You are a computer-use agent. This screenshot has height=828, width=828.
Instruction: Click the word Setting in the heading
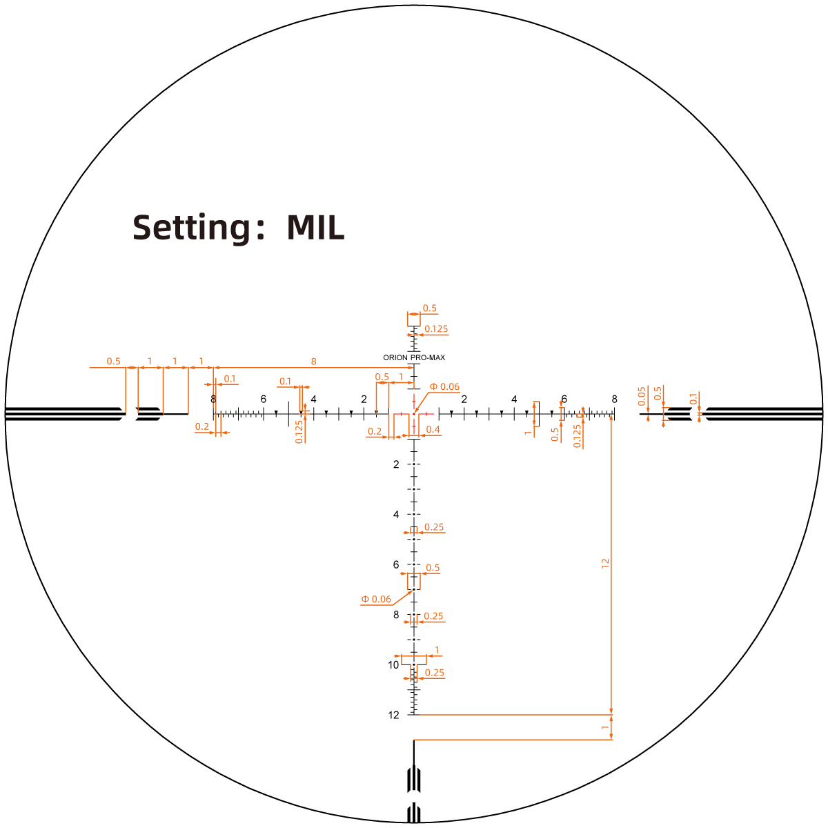pyautogui.click(x=191, y=227)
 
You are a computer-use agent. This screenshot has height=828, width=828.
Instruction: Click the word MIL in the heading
pyautogui.click(x=316, y=227)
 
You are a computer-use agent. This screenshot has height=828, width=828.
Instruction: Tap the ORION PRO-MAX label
pyautogui.click(x=414, y=357)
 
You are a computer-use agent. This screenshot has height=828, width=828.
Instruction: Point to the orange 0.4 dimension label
pyautogui.click(x=433, y=429)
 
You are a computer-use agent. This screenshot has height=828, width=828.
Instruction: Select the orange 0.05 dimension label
pyautogui.click(x=642, y=396)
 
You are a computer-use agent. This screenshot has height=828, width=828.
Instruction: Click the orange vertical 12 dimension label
pyautogui.click(x=605, y=563)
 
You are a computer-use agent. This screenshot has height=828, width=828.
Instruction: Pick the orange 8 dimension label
pyautogui.click(x=314, y=362)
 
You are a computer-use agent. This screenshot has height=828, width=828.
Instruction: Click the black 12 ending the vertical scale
pyautogui.click(x=393, y=715)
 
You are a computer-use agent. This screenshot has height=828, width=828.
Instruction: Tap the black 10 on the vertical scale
pyautogui.click(x=393, y=664)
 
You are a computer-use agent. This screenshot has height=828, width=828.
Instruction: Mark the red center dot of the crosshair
pyautogui.click(x=414, y=414)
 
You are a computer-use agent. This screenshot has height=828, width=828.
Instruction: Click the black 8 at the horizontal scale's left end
pyautogui.click(x=213, y=400)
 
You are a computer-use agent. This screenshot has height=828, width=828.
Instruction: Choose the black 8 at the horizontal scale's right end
pyautogui.click(x=615, y=400)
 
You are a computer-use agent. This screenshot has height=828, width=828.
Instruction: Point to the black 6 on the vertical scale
pyautogui.click(x=396, y=564)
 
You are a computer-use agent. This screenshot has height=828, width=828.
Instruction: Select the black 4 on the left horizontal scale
pyautogui.click(x=314, y=400)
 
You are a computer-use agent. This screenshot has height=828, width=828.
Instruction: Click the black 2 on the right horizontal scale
pyautogui.click(x=464, y=400)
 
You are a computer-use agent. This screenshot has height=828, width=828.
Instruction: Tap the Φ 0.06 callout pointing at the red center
pyautogui.click(x=445, y=386)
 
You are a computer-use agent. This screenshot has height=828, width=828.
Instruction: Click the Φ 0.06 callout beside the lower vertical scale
pyautogui.click(x=376, y=599)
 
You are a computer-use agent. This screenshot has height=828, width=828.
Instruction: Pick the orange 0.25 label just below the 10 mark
pyautogui.click(x=435, y=673)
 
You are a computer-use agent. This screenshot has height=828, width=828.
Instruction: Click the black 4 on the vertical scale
pyautogui.click(x=396, y=514)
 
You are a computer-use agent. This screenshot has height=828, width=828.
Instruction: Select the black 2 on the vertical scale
pyautogui.click(x=396, y=464)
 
